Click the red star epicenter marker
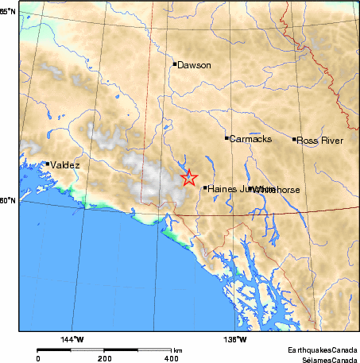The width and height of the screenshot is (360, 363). (188, 178)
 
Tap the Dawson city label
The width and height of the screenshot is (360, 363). (194, 65)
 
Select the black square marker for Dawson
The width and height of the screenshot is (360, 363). (174, 64)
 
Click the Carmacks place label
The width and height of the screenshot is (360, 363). (250, 139)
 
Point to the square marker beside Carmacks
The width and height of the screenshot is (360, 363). (226, 138)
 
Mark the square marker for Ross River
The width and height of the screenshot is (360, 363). (295, 139)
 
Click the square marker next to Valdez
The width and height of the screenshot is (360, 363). (48, 164)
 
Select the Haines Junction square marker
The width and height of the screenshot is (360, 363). (205, 188)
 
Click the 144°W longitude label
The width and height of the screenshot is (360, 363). (72, 340)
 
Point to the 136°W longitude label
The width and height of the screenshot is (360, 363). (235, 340)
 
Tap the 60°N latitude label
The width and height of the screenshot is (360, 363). (8, 201)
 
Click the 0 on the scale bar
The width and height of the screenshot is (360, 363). (38, 358)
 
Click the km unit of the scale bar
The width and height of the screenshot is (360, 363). (179, 349)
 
